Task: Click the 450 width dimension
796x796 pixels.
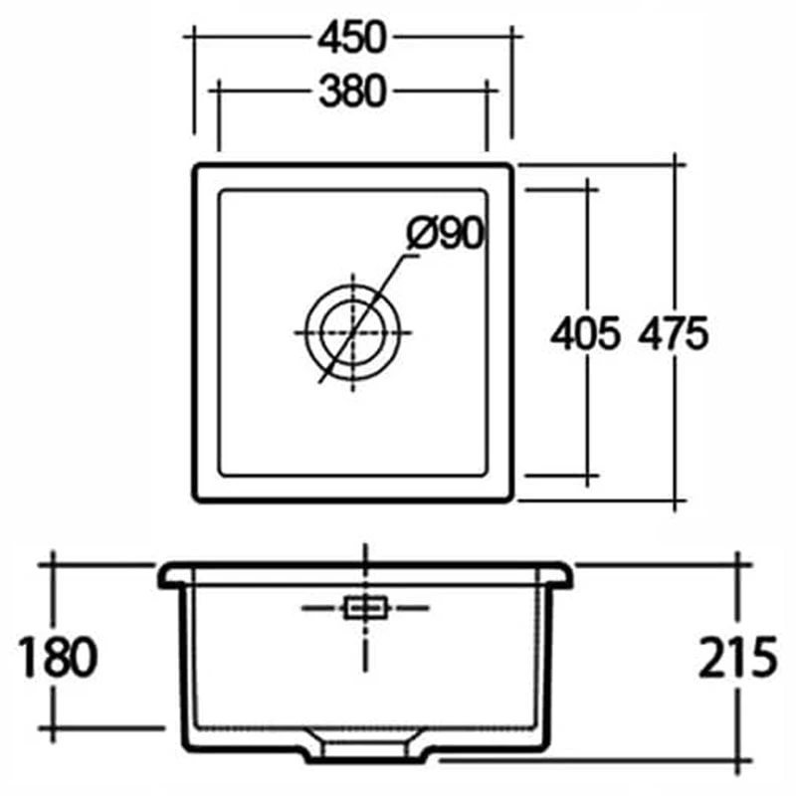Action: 352,37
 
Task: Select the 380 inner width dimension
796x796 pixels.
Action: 352,91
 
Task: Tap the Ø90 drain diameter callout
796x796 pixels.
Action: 445,235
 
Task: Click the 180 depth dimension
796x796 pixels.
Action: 58,657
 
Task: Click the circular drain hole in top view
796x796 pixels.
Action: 354,332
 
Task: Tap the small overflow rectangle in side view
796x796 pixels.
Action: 364,606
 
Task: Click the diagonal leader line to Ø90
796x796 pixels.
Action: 378,298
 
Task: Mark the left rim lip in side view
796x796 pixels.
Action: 171,575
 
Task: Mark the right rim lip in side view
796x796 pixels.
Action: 561,575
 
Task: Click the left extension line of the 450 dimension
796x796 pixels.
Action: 193,90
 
